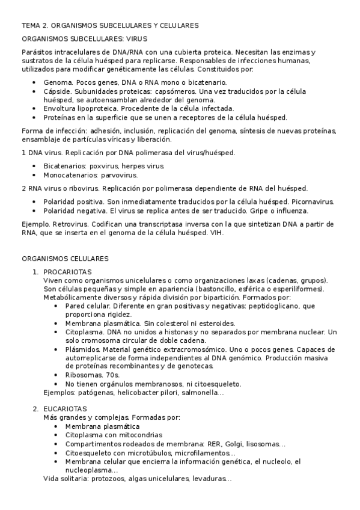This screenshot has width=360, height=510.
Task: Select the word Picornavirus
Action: click(313, 201)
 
